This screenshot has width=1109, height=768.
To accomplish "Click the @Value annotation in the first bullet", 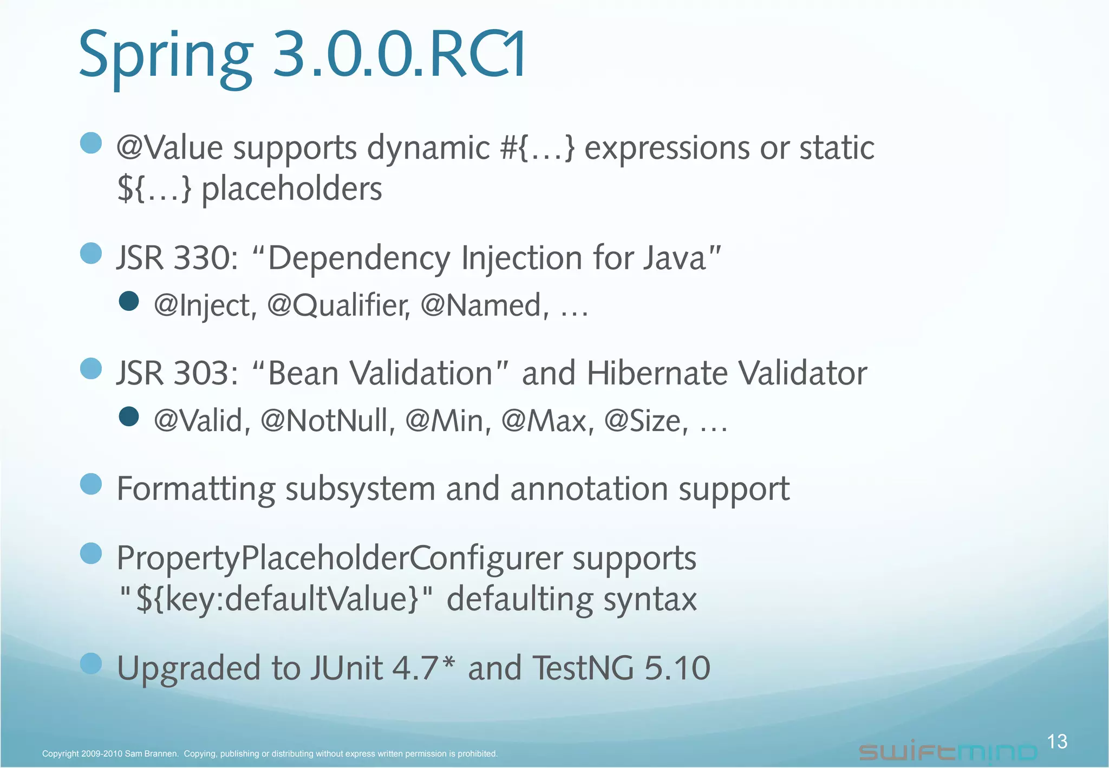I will coord(169,148).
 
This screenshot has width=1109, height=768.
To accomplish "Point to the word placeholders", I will coord(292,189).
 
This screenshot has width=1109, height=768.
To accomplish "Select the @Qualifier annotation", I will coord(338,305).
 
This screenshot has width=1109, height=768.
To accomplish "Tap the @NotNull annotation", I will coord(328,421).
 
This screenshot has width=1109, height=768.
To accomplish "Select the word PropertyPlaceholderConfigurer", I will coord(340,558).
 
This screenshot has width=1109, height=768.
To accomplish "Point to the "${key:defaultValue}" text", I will coord(276,600).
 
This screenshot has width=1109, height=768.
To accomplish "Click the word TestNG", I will coord(583,668).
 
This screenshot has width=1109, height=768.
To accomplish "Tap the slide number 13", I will coord(1056,741).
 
